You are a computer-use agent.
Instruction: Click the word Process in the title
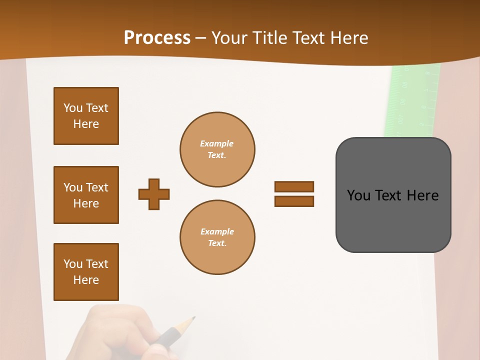click(x=157, y=38)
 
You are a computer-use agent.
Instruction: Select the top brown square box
click(x=86, y=116)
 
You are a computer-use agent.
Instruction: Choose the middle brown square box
click(x=86, y=195)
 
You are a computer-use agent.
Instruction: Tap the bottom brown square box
click(x=86, y=272)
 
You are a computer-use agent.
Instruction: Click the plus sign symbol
click(x=154, y=194)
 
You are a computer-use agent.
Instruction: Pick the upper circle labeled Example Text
click(x=217, y=149)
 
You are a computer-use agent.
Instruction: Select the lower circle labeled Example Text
click(x=217, y=237)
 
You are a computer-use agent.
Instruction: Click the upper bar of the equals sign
click(x=294, y=186)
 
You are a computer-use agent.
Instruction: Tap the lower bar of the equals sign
click(x=294, y=201)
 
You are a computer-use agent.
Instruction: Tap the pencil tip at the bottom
click(x=192, y=318)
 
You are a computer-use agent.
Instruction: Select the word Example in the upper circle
click(x=216, y=143)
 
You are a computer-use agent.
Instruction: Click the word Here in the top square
click(x=86, y=124)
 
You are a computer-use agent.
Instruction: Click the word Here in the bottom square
click(x=86, y=280)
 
